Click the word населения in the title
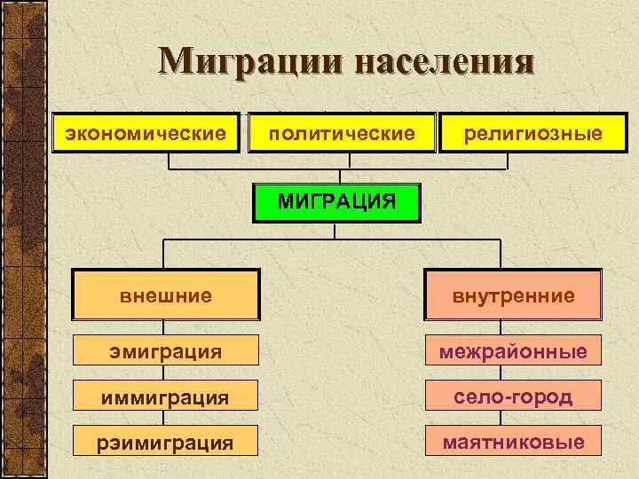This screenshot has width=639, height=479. tap(447, 61)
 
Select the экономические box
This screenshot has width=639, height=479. tap(146, 133)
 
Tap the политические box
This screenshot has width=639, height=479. tap(342, 133)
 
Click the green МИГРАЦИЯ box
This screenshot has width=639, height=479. tap(335, 201)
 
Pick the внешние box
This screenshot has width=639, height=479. tap(167, 294)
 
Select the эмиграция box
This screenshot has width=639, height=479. tap(167, 352)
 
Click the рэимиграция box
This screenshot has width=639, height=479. tap(167, 441)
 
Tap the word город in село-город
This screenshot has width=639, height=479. tap(544, 397)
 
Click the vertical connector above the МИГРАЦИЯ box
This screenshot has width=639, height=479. tap(335, 176)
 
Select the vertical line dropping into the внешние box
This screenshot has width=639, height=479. tap(162, 253)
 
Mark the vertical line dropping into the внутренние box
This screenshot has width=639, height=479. tap(514, 253)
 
